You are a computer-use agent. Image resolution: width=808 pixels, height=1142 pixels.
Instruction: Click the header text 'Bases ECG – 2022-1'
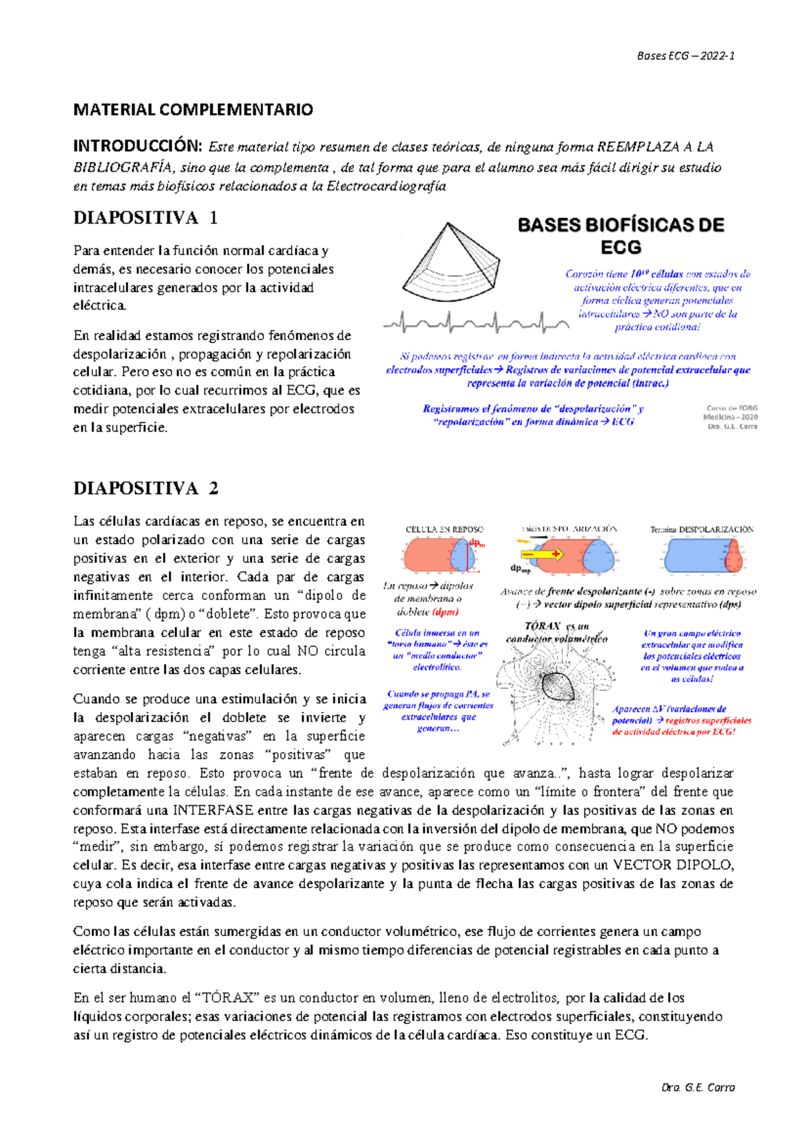pyautogui.click(x=685, y=56)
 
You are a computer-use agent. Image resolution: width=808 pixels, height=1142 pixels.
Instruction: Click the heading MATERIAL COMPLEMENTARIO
pyautogui.click(x=193, y=110)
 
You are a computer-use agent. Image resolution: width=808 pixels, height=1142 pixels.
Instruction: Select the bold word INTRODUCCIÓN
pyautogui.click(x=137, y=146)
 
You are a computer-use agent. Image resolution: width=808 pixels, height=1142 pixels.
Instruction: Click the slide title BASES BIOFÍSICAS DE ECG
pyautogui.click(x=621, y=236)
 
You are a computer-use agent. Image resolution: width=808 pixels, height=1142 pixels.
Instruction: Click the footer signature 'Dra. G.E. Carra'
pyautogui.click(x=698, y=1087)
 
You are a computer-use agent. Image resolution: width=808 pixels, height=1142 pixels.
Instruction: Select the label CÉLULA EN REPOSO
pyautogui.click(x=444, y=529)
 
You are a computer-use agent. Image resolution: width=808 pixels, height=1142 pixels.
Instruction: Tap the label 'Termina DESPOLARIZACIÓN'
pyautogui.click(x=702, y=529)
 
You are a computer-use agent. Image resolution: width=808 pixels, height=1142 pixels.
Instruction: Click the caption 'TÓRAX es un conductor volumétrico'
pyautogui.click(x=556, y=632)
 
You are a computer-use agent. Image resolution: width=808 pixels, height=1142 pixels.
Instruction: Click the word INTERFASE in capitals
pyautogui.click(x=213, y=810)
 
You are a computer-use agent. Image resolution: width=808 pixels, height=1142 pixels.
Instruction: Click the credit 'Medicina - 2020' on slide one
pyautogui.click(x=731, y=417)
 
